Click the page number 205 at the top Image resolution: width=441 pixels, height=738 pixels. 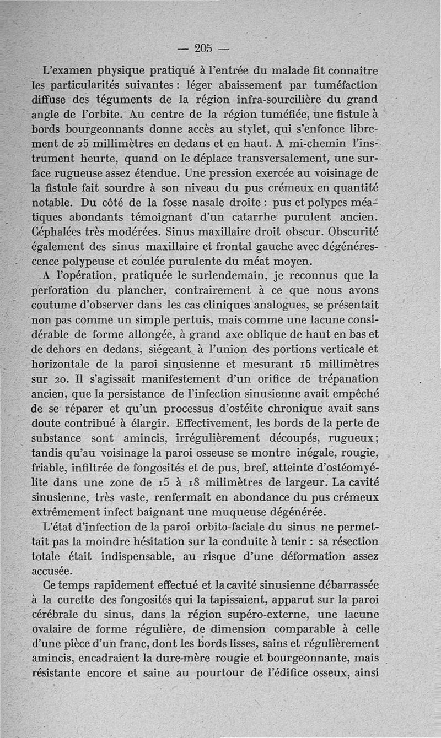pyautogui.click(x=203, y=48)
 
